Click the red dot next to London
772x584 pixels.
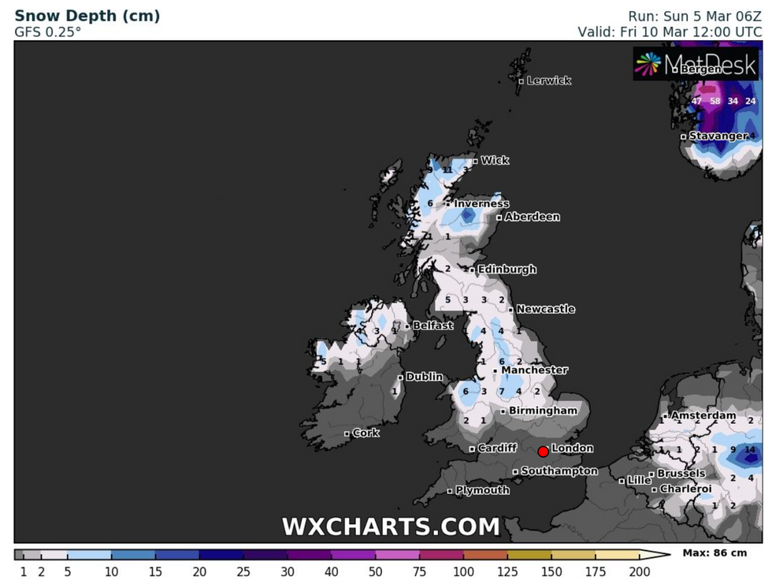coord(543,452)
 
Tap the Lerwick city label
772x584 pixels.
coord(548,80)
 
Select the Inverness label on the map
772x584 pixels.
coord(481,204)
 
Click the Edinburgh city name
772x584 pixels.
coord(507,270)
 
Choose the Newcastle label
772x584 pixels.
coord(546,309)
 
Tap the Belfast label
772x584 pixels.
coord(433,325)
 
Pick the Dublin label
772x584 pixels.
coord(424,377)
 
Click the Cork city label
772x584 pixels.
coord(366,433)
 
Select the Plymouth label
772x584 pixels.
coord(482,490)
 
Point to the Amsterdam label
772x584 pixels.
coord(703,415)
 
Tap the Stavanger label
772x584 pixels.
coord(718,136)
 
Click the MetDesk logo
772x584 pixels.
coord(696,64)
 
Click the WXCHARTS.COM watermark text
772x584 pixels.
coord(391,526)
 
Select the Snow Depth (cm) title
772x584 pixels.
coord(87,16)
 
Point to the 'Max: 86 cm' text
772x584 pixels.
coord(714,553)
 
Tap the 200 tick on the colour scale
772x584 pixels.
coord(639,571)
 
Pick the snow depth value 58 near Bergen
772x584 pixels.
coord(715,101)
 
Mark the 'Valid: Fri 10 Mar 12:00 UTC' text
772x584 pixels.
coord(669,32)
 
